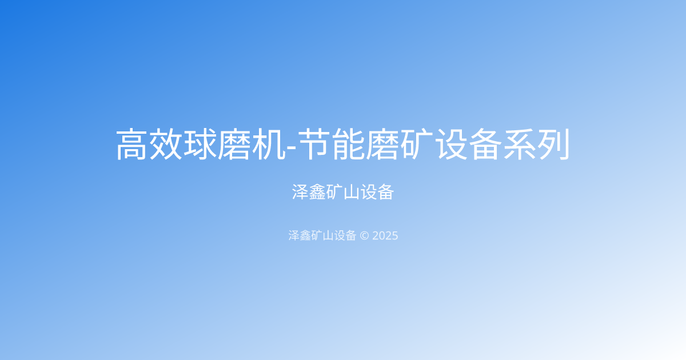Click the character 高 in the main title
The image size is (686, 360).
tap(133, 145)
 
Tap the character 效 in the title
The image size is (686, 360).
tap(166, 145)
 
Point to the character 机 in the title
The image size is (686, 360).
tap(268, 145)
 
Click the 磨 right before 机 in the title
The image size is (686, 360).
tap(234, 145)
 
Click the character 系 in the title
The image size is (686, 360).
tap(520, 145)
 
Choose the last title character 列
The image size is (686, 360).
tap(553, 145)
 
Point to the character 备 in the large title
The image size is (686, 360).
tap(486, 145)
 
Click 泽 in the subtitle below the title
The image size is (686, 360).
tap(301, 192)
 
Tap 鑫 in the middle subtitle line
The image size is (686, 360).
tap(317, 192)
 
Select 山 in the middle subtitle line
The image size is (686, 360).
tap(352, 192)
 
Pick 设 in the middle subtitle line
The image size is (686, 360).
tap(369, 192)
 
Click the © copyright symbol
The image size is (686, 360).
tap(364, 235)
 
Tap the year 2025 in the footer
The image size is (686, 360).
tap(385, 235)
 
